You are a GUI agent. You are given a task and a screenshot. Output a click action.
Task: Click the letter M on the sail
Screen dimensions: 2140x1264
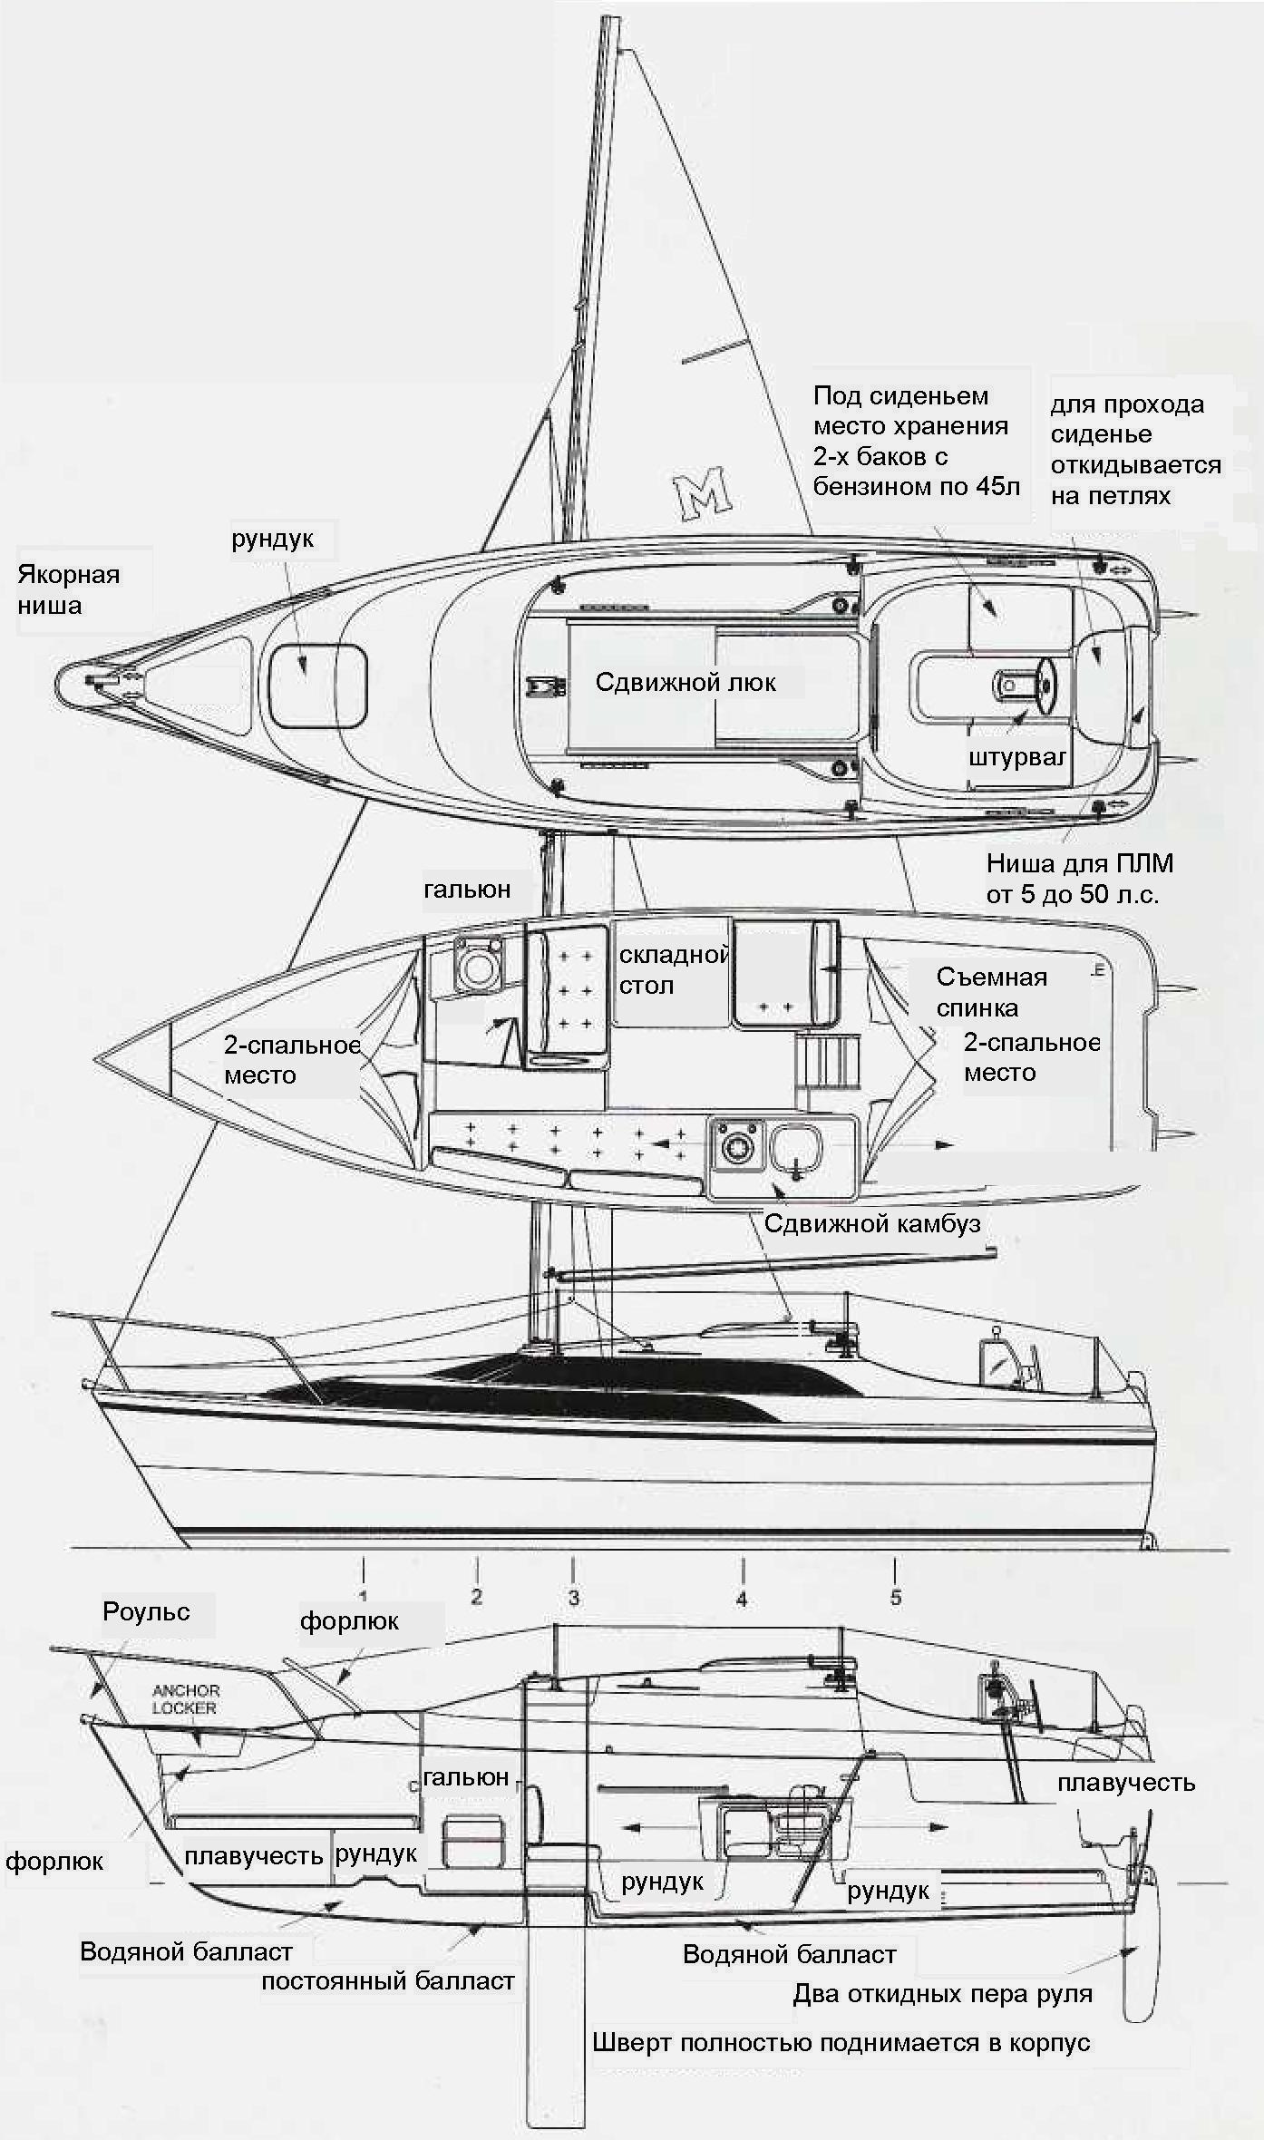point(702,493)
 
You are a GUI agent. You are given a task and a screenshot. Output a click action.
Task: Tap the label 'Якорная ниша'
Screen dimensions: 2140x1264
point(68,589)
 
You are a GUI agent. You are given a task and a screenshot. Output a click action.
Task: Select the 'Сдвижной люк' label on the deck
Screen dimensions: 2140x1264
point(685,682)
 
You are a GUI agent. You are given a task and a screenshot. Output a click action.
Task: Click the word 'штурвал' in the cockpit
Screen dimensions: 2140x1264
point(1016,756)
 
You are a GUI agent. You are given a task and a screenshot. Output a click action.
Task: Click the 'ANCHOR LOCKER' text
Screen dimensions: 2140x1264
point(186,1698)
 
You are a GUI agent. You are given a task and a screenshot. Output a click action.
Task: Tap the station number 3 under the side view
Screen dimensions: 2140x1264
point(573,1598)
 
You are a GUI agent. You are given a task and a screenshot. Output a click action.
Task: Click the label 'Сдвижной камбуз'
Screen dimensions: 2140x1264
point(872,1223)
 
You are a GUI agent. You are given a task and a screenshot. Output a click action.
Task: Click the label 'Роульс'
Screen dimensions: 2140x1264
point(146,1611)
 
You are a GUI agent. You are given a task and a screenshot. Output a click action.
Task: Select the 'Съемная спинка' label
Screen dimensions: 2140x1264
point(991,992)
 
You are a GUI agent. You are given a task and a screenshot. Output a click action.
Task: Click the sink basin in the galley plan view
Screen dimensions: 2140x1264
point(795,1145)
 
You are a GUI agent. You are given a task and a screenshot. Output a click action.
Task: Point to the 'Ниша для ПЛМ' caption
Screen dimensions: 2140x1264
point(1079,878)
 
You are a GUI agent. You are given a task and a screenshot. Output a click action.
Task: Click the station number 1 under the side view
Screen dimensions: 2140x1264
point(363,1596)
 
